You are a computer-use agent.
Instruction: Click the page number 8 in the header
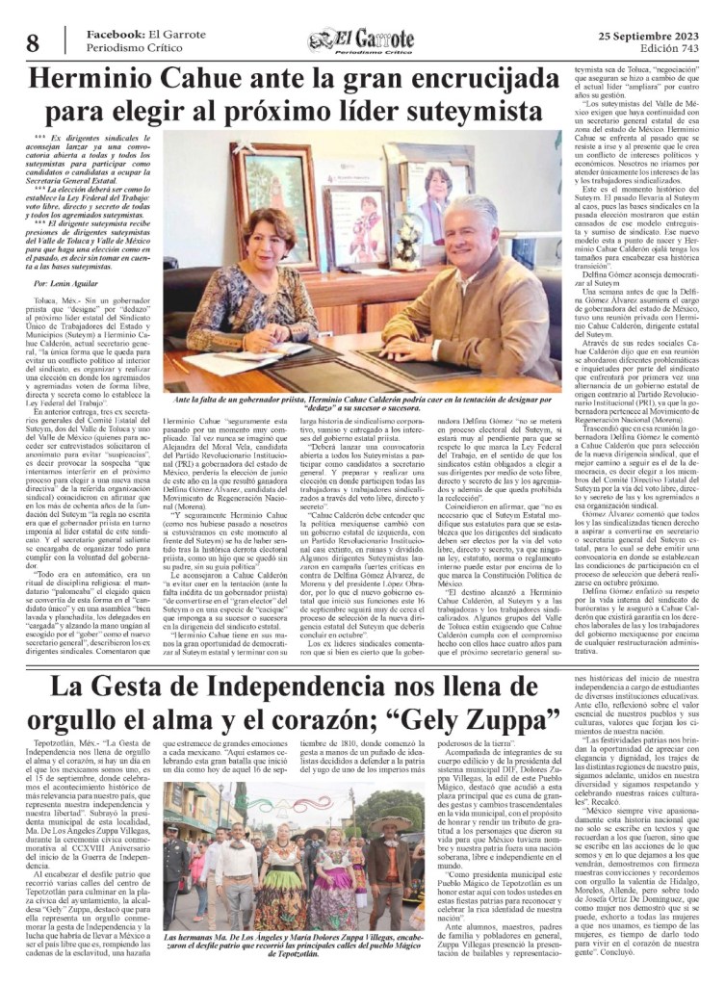pos(32,42)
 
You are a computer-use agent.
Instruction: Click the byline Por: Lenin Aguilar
pos(68,286)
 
